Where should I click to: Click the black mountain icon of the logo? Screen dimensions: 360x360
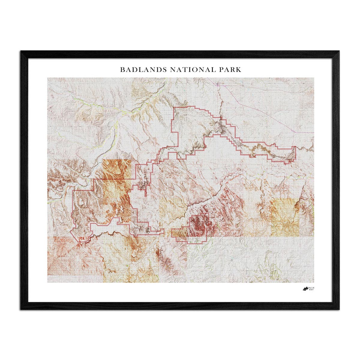305,289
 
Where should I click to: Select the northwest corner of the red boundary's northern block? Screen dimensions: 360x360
175,107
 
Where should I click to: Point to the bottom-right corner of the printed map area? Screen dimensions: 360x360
314,282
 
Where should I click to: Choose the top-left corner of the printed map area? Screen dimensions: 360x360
48,78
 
